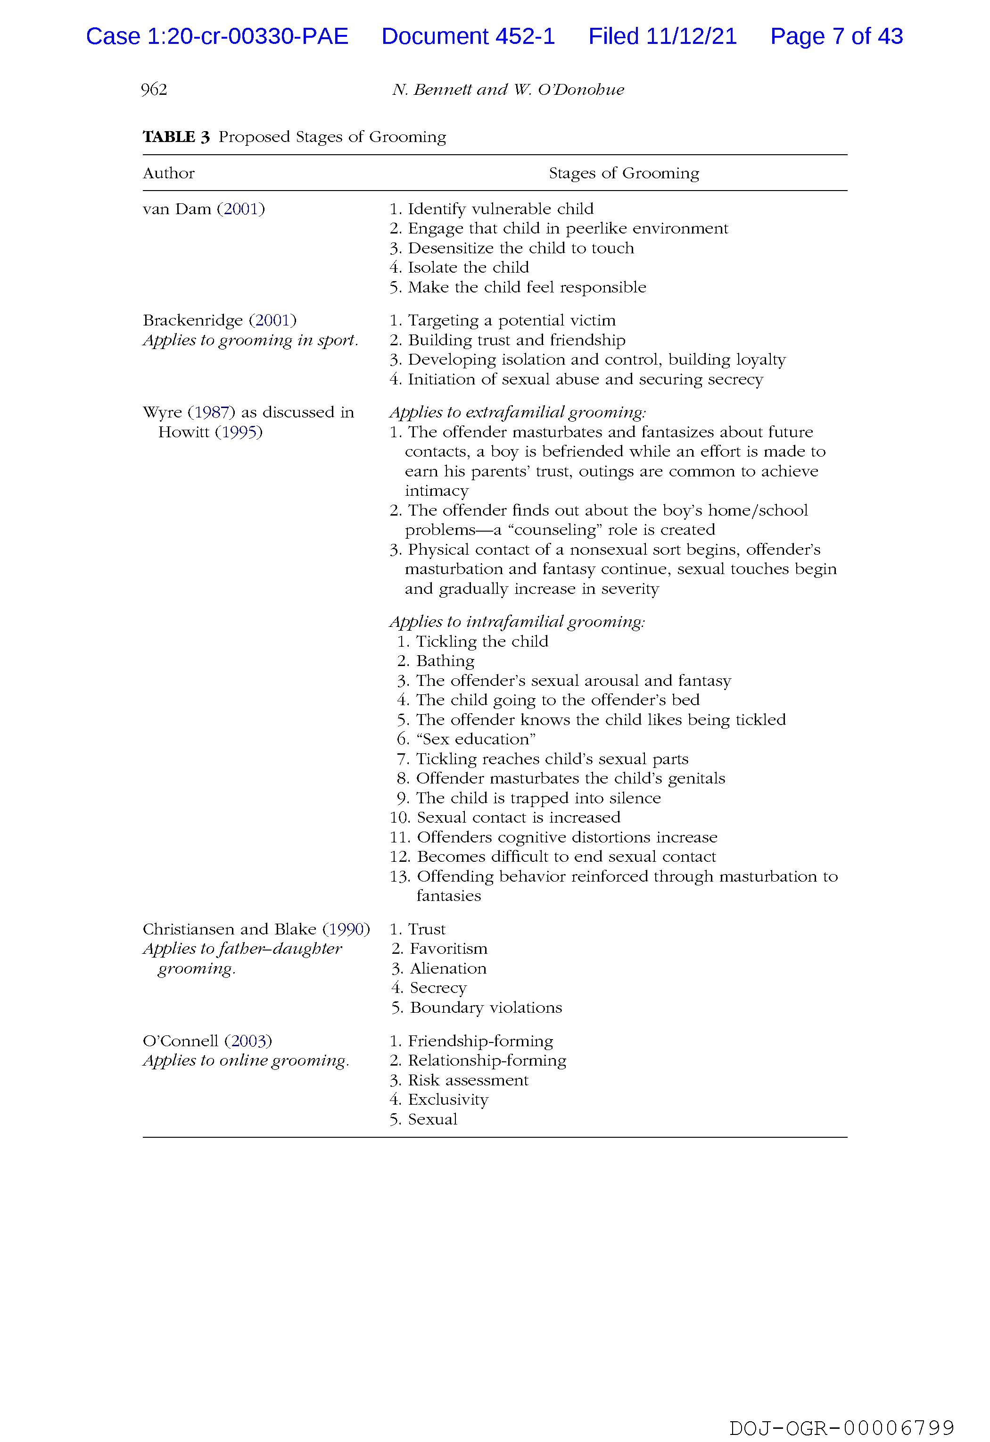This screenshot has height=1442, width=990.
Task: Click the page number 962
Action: [x=154, y=90]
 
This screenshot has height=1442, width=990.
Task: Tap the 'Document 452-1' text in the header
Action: [x=468, y=37]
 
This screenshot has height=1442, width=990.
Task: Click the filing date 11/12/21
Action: [x=691, y=37]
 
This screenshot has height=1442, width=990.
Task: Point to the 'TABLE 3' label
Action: [x=176, y=137]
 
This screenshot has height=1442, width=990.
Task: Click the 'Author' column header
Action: [x=168, y=173]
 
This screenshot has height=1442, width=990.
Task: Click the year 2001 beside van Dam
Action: [x=241, y=209]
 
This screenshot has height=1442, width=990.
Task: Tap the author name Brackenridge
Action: [x=192, y=321]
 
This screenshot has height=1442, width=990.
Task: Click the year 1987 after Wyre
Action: [x=212, y=413]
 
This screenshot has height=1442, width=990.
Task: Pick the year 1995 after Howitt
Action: [x=239, y=433]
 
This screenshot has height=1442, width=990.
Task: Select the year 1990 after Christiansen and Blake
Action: [x=346, y=929]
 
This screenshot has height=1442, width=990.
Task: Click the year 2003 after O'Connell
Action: [x=248, y=1041]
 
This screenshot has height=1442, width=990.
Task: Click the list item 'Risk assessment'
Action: [x=468, y=1080]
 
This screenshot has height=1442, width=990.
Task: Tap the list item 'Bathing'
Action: [x=445, y=661]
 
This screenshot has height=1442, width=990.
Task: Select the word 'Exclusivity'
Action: [x=448, y=1100]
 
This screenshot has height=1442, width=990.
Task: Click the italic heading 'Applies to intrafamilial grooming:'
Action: [x=517, y=622]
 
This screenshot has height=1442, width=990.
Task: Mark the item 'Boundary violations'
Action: [x=486, y=1008]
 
